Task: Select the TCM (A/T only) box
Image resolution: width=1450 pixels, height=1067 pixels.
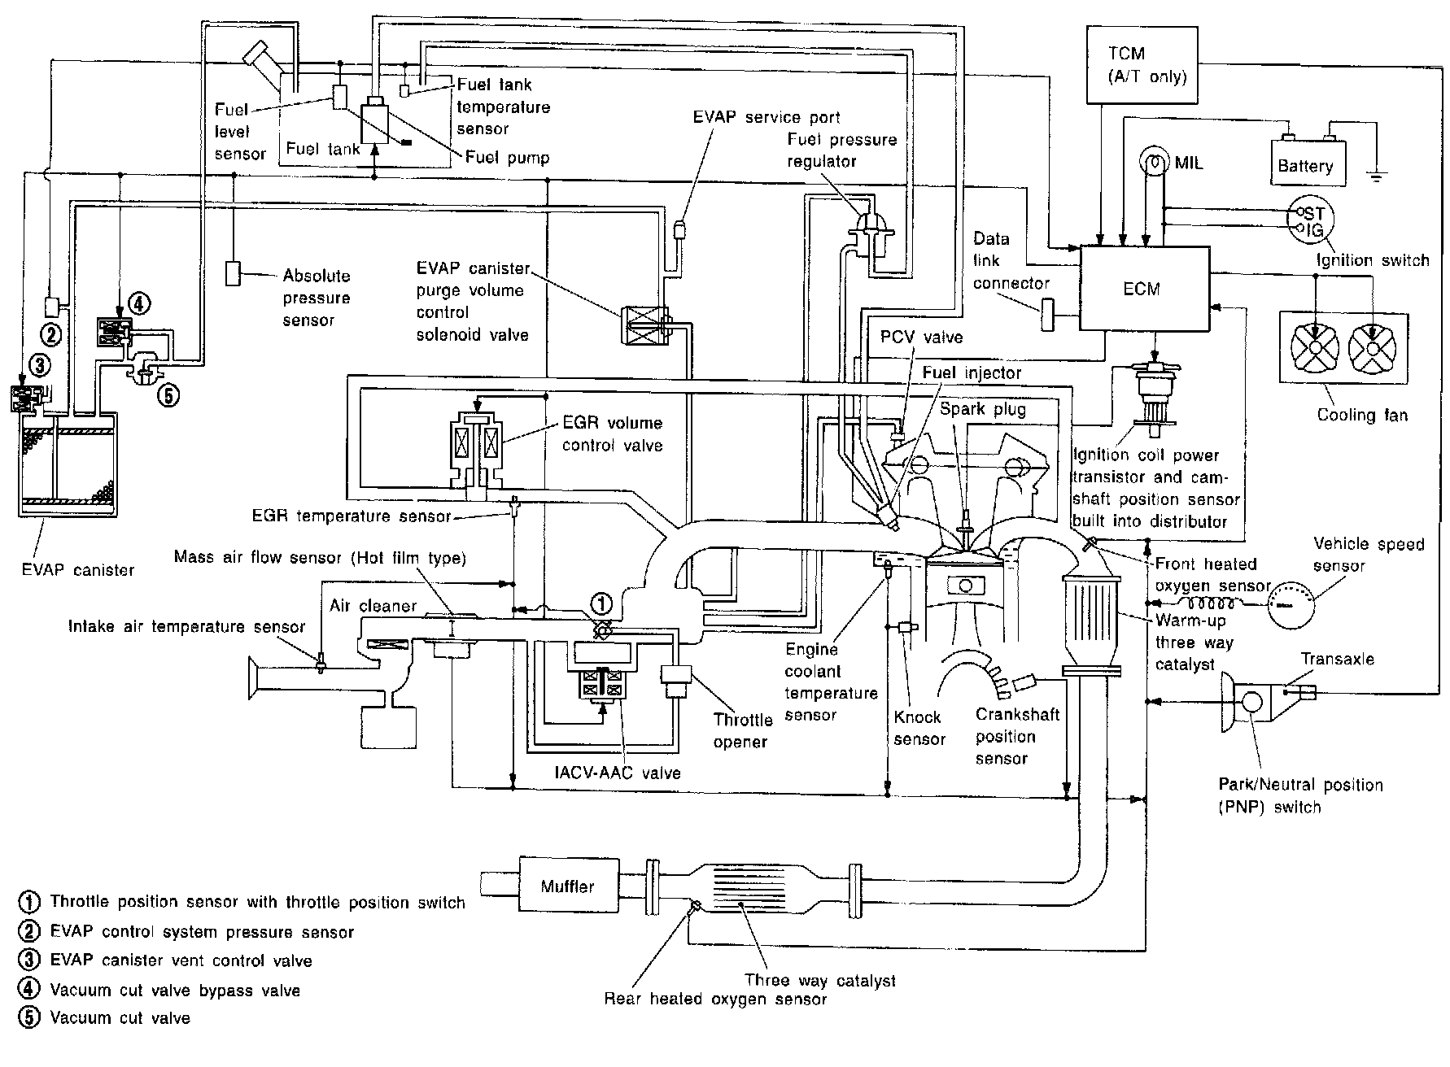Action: click(1142, 65)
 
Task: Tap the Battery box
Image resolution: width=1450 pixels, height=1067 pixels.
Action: click(1305, 165)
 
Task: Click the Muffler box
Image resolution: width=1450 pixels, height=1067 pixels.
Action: click(567, 886)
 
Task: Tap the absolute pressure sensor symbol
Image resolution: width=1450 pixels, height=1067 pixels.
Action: click(234, 273)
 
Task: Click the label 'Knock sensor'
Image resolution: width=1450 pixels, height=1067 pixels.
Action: click(919, 728)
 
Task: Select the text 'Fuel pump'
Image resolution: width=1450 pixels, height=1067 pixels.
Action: click(507, 158)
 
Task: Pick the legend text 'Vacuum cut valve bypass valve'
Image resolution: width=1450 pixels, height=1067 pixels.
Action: click(174, 991)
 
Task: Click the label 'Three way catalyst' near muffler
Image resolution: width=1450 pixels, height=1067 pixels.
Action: click(820, 980)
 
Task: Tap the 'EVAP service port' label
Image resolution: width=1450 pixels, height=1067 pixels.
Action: click(766, 117)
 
